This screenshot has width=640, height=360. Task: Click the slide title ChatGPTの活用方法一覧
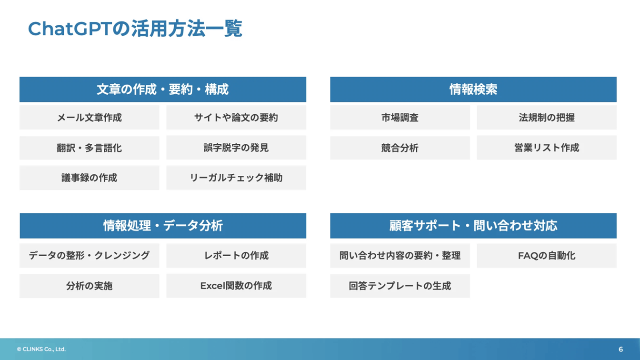[135, 29]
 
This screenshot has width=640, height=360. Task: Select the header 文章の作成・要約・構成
[162, 90]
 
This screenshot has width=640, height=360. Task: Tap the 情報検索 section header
[473, 90]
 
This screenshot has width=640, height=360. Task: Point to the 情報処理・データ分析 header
[162, 226]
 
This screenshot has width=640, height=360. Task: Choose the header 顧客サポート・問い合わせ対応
[473, 226]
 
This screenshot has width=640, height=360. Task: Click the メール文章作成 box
[89, 118]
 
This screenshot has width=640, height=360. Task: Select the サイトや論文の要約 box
[236, 118]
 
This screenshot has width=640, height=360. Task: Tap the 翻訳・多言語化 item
[89, 148]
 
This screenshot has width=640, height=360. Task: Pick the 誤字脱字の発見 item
[236, 148]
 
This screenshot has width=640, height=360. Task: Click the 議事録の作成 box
[89, 178]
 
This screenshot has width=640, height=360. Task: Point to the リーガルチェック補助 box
[236, 178]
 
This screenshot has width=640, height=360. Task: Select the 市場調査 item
[400, 118]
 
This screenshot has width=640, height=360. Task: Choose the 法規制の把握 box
[546, 118]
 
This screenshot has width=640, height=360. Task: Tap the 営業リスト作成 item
[546, 148]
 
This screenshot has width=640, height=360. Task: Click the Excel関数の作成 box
[236, 286]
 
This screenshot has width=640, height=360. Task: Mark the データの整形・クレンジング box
[89, 256]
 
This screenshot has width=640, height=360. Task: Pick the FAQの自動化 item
[546, 256]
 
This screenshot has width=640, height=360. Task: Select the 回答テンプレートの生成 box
[400, 286]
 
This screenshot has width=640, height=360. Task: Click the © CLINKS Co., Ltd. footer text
[41, 349]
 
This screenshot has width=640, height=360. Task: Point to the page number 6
[620, 349]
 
